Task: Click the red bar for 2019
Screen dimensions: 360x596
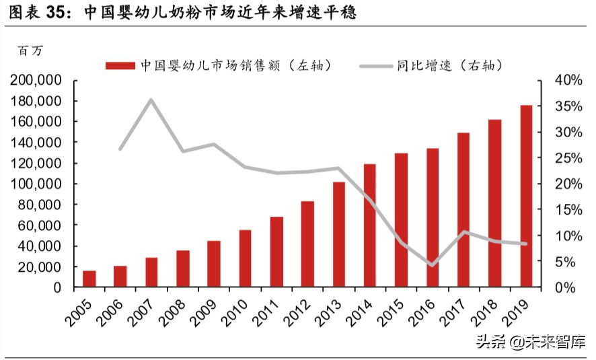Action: point(525,196)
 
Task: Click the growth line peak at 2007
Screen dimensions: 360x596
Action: point(151,100)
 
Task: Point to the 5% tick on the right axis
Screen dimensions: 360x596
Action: point(568,262)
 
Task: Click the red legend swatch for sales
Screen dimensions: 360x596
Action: point(121,65)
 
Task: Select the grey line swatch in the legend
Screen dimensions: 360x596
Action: point(376,65)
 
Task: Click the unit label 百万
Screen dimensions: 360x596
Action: point(30,50)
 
